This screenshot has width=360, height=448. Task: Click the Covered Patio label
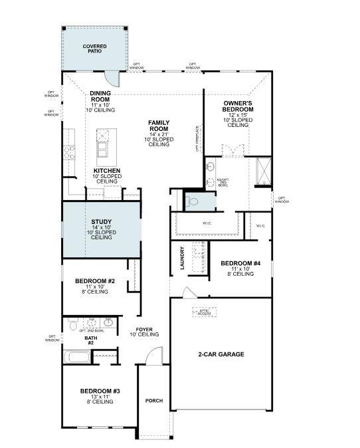94,49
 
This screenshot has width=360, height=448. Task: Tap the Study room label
101,222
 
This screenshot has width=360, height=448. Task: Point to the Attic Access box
204,311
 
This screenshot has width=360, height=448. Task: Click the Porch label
154,401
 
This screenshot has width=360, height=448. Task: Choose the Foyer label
145,330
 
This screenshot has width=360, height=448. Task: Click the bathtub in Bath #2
78,357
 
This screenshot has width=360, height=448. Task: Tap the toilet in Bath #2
72,326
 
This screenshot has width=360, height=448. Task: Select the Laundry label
181,257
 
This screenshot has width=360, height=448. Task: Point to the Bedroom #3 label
100,391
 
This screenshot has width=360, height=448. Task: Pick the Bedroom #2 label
96,282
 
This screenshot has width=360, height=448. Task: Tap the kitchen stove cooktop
68,152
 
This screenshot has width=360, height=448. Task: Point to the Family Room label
159,124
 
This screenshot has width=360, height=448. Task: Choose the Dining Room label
100,96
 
